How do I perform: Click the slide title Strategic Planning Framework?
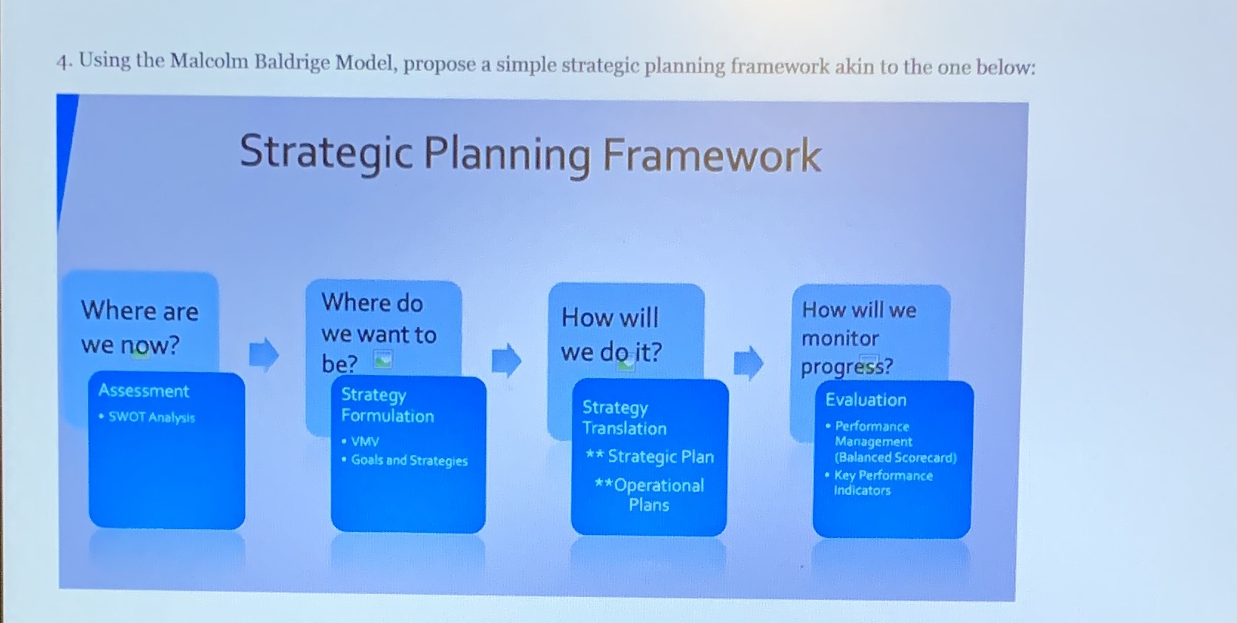click(x=530, y=154)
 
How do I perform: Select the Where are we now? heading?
click(x=139, y=327)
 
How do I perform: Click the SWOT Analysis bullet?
click(x=151, y=417)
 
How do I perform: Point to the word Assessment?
click(x=144, y=391)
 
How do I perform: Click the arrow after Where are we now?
click(x=263, y=354)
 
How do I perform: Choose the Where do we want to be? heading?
click(x=377, y=333)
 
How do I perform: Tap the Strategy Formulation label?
click(x=387, y=405)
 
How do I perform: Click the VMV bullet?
click(x=364, y=442)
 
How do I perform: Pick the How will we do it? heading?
click(x=611, y=334)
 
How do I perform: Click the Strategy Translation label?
click(x=624, y=418)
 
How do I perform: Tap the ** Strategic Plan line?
click(x=650, y=457)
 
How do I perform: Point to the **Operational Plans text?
click(x=649, y=494)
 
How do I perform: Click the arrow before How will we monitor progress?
click(x=748, y=363)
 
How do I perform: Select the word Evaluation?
click(x=866, y=400)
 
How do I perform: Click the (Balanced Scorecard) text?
click(x=895, y=457)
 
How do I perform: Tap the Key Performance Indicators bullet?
click(x=882, y=482)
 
